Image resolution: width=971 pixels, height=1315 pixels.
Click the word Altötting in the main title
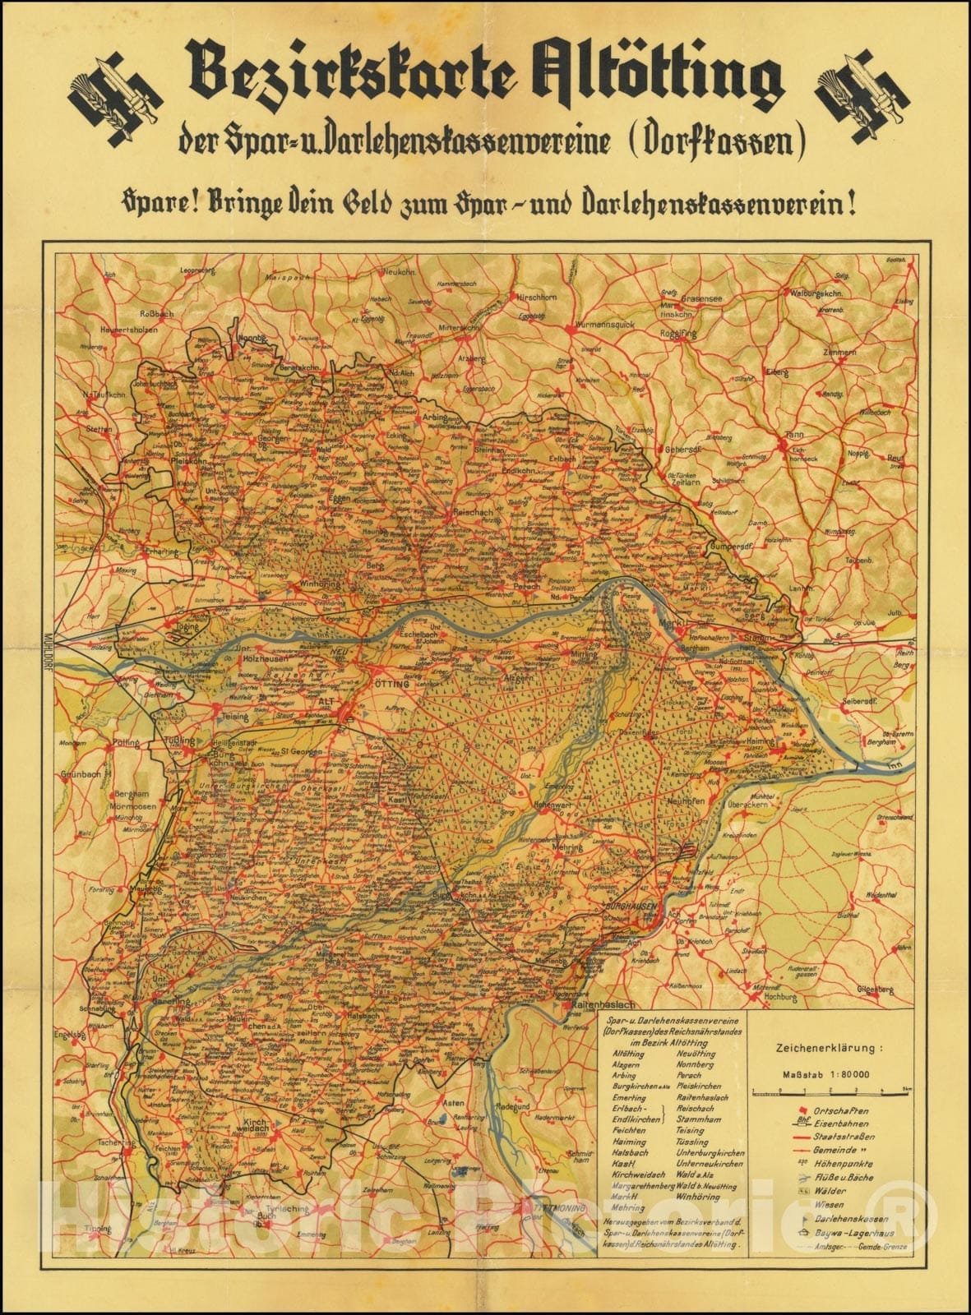(x=641, y=82)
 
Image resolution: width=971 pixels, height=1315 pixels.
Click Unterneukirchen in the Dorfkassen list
(x=710, y=1163)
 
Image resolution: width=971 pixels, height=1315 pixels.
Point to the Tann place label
(x=793, y=436)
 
